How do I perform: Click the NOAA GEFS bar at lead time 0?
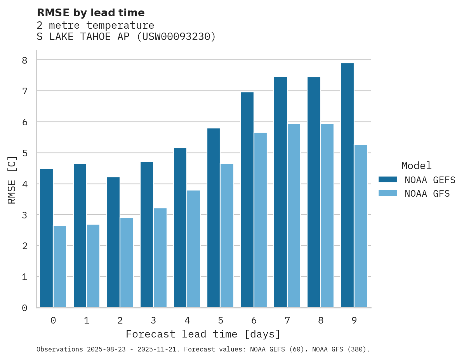coord(46,238)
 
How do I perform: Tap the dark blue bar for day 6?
coord(247,200)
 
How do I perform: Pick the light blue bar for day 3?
coord(160,258)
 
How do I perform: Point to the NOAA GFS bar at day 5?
coord(227,235)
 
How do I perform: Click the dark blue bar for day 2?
coord(113,242)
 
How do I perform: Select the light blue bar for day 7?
coord(294,216)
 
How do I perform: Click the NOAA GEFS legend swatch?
coord(388,179)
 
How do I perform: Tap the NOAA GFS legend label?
coord(427,194)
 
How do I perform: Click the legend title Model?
coord(416,166)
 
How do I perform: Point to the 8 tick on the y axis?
coord(24,60)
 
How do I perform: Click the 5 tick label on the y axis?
coord(24,153)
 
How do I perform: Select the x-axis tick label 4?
coord(187,320)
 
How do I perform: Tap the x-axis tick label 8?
coord(321,320)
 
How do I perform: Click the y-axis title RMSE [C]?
coord(12,180)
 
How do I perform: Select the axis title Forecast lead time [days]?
coord(203,334)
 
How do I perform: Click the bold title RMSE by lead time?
coord(90,13)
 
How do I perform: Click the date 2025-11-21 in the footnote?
coord(162,350)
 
